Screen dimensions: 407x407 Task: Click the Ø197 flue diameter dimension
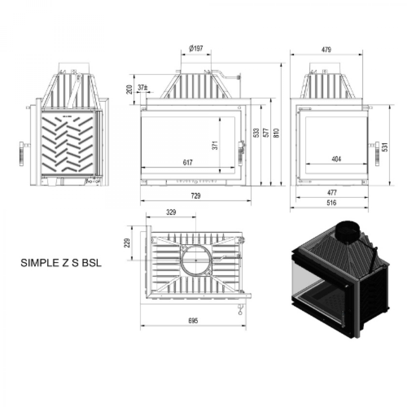click(196, 49)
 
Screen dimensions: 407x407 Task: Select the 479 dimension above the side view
click(326, 50)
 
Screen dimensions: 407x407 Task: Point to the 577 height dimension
click(267, 133)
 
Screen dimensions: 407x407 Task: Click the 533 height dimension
click(256, 133)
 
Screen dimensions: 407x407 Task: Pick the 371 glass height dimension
click(215, 146)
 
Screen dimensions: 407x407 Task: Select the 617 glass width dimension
click(188, 163)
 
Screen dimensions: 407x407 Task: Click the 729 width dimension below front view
click(196, 196)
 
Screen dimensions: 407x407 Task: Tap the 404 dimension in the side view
click(336, 159)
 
